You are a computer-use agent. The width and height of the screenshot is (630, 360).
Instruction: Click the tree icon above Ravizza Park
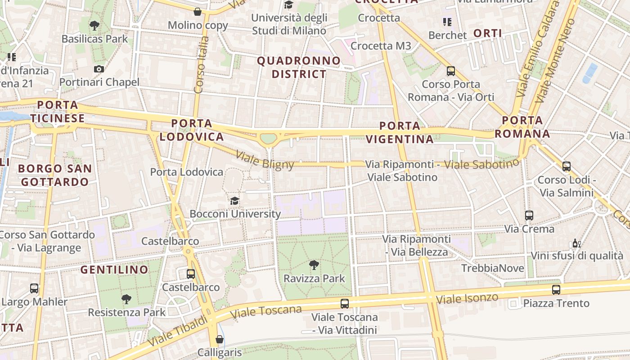coord(314,265)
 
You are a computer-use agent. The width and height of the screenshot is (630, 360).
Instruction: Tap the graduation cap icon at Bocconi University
coord(234,201)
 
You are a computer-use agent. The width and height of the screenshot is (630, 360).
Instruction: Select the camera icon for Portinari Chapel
coord(99,69)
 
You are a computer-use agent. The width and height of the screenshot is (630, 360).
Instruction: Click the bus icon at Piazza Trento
coord(556,290)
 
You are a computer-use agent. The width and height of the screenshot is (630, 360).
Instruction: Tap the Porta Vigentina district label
coord(400,132)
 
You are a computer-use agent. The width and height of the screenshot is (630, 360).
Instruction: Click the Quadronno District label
coord(299,67)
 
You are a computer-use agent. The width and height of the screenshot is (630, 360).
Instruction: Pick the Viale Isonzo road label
coord(467,298)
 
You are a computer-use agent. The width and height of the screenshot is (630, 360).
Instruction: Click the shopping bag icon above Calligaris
coord(220,339)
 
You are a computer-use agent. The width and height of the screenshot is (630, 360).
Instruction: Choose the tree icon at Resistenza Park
coord(126,299)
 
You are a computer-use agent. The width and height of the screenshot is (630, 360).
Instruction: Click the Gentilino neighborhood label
coord(114,270)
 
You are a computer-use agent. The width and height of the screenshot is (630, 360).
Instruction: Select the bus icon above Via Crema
coord(529,216)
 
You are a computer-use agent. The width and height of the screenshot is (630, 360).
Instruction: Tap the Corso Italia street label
coord(201,65)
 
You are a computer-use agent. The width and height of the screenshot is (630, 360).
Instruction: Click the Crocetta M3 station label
coord(381,45)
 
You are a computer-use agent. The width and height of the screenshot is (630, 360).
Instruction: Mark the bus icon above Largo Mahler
coord(34,288)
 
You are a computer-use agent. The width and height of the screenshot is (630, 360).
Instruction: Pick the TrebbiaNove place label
coord(493,268)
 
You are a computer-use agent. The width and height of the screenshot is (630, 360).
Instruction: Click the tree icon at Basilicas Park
coord(94,25)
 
